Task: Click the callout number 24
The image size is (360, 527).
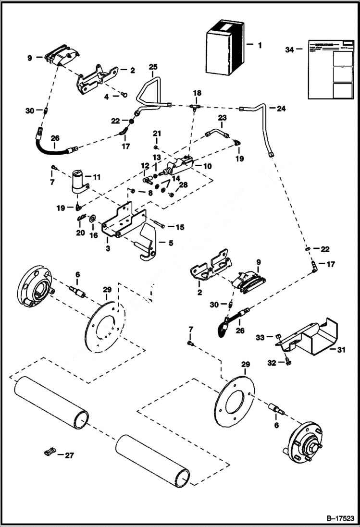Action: coord(281,109)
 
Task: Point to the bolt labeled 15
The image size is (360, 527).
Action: coord(160,224)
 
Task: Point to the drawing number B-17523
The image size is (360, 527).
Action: coord(336,518)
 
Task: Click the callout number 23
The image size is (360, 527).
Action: coord(222,117)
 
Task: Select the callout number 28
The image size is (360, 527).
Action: coord(183,185)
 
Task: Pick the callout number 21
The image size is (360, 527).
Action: coord(157,133)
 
